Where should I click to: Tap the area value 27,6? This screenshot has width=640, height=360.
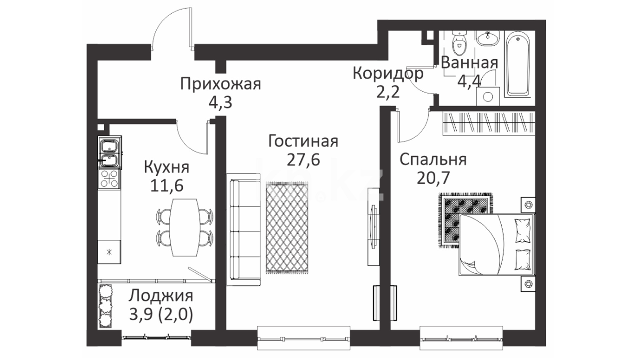303,160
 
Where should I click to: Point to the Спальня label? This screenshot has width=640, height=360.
433,160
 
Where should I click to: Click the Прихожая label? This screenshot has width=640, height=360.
220,84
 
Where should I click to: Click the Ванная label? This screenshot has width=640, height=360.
469,63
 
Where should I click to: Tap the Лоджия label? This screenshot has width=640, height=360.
161,296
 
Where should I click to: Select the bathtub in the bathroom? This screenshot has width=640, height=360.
517,64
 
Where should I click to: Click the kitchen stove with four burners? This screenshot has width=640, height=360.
109,179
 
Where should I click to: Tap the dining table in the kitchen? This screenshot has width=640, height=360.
184,227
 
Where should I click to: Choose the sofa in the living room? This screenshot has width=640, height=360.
243,229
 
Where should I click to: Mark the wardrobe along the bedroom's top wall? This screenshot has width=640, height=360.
489,123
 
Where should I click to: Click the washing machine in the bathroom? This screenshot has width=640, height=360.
488,97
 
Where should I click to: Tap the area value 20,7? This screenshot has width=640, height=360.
433,178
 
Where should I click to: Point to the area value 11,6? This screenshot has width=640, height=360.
167,185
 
